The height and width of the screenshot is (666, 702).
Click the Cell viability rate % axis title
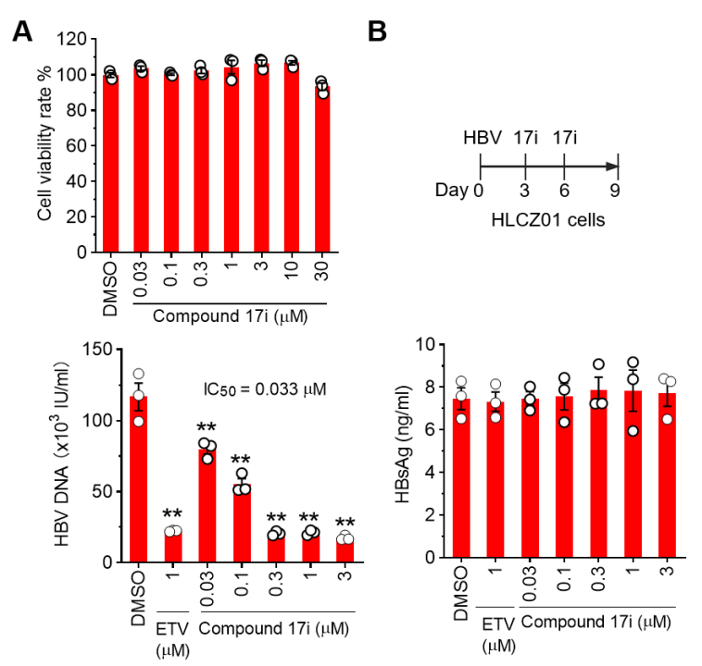point(45,145)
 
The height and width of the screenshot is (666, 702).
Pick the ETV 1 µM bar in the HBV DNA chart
point(172,546)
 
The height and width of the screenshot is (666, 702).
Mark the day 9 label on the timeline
point(617,191)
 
